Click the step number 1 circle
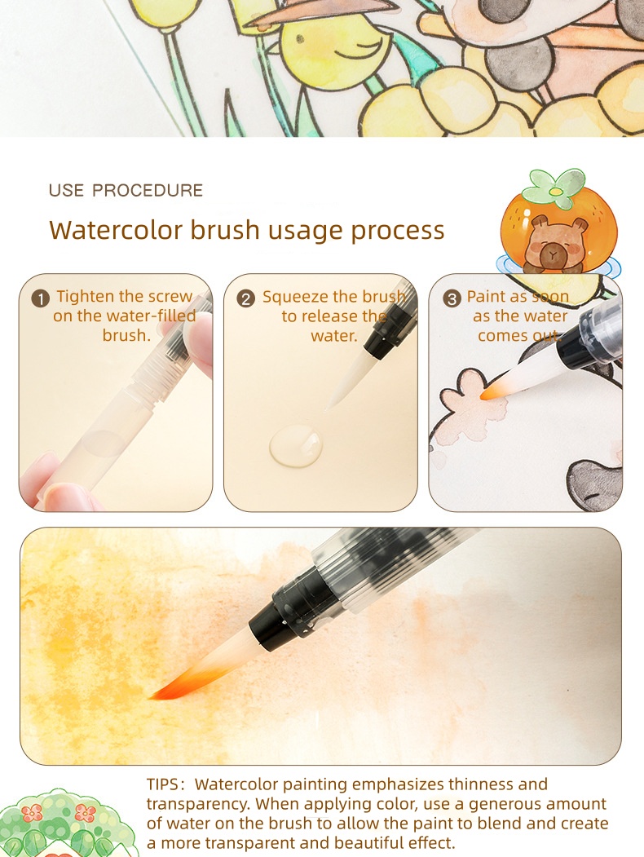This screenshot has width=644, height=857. (41, 298)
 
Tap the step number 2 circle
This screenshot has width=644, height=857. (246, 298)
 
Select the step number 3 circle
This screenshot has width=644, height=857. (452, 298)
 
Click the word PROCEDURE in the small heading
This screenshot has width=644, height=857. (148, 191)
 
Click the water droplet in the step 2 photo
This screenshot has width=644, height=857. (296, 445)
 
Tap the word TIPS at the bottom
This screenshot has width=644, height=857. (165, 784)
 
